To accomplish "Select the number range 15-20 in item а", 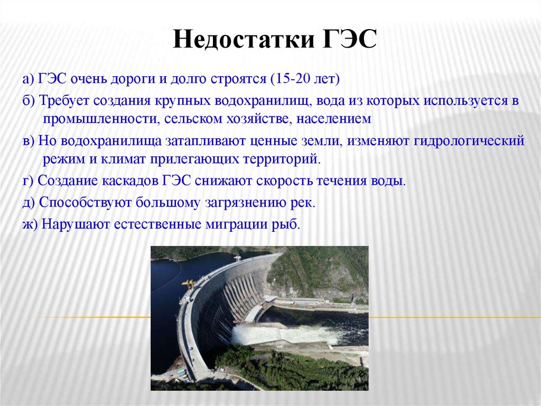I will coord(290,80).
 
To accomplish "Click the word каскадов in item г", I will coord(127,181).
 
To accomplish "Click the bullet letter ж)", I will coord(31,224).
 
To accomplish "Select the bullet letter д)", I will coord(30,203).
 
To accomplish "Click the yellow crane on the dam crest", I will coord(189,284).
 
